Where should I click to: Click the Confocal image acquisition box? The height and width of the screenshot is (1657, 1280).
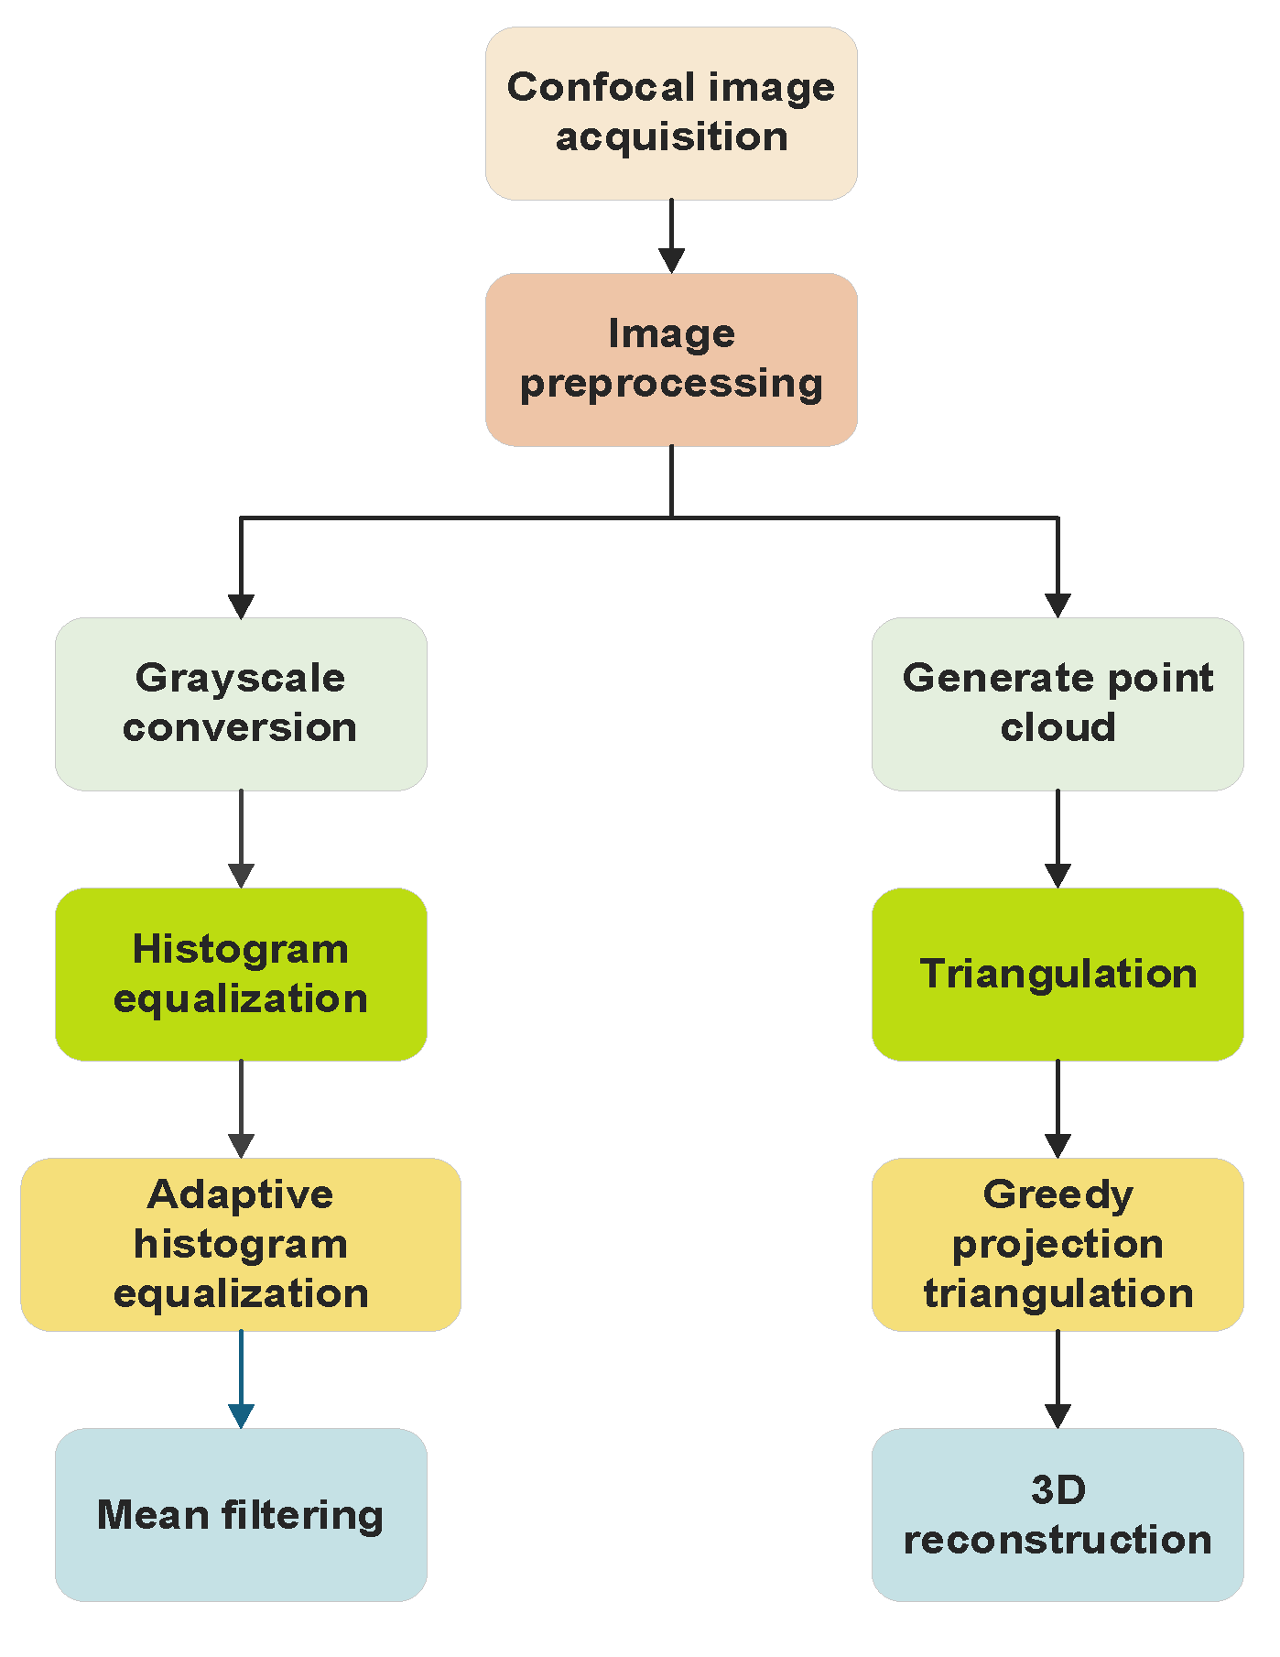(x=671, y=113)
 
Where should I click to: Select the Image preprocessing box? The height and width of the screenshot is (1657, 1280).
(x=671, y=359)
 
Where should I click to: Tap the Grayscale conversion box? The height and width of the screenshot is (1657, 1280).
(x=241, y=703)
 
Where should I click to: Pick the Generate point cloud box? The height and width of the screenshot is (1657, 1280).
(x=1058, y=703)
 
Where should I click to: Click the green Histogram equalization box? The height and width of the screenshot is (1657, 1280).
(x=241, y=974)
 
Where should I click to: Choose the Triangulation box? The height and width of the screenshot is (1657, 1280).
(x=1058, y=974)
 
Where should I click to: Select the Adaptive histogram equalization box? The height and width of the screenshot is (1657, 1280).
(x=241, y=1244)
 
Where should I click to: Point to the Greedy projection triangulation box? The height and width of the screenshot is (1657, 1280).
(x=1058, y=1244)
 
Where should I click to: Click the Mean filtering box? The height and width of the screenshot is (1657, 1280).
(x=241, y=1514)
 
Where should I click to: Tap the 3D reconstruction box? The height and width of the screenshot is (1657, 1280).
(x=1058, y=1514)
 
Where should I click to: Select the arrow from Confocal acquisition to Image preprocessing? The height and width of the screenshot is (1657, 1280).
(x=671, y=235)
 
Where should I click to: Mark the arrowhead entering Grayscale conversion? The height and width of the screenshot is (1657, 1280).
(x=241, y=605)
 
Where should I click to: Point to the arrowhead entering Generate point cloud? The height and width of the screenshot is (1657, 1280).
(x=1058, y=605)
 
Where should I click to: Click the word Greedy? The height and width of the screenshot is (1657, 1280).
(x=1058, y=1195)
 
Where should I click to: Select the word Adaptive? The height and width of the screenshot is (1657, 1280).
(x=241, y=1195)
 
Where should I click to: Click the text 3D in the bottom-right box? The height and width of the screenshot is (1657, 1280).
(x=1058, y=1490)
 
